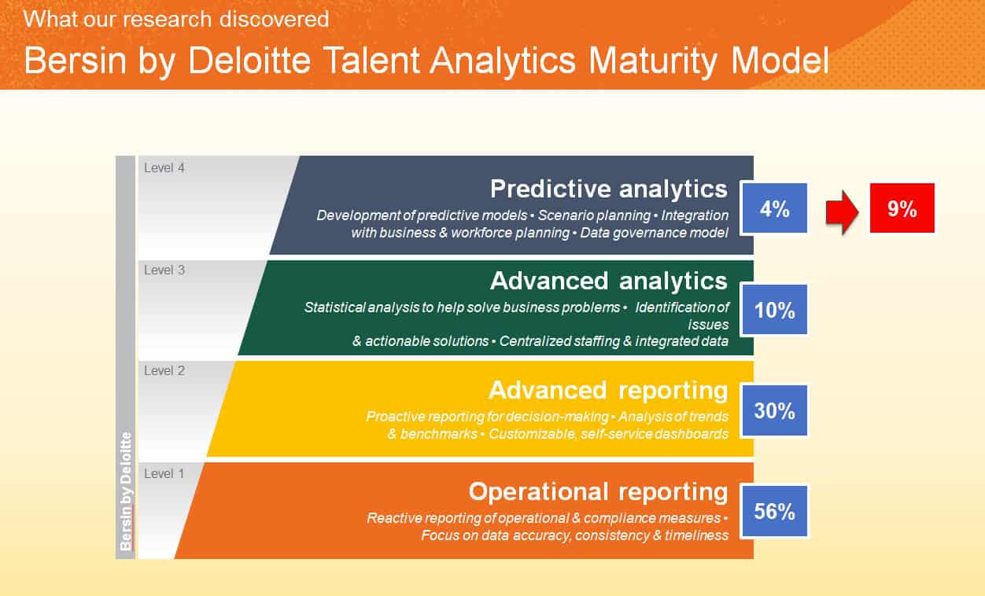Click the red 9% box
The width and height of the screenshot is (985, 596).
click(902, 208)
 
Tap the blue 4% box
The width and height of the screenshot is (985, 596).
click(774, 208)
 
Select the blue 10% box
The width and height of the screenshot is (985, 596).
click(774, 310)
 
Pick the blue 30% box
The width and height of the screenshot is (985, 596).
click(774, 410)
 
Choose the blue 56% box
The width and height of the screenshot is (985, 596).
click(774, 512)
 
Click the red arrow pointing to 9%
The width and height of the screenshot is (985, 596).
click(840, 212)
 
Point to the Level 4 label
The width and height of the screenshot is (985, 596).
click(164, 167)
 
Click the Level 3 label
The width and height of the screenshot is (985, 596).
click(164, 270)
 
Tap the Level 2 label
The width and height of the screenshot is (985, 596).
click(164, 371)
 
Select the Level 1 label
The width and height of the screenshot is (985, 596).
click(164, 473)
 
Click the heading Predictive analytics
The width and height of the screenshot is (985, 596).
click(608, 189)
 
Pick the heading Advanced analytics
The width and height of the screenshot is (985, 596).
click(608, 281)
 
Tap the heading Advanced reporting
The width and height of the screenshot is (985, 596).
click(608, 390)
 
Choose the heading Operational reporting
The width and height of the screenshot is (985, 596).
click(598, 491)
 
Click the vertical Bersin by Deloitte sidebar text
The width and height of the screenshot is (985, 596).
click(126, 491)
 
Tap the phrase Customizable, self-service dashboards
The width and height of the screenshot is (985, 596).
click(608, 434)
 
